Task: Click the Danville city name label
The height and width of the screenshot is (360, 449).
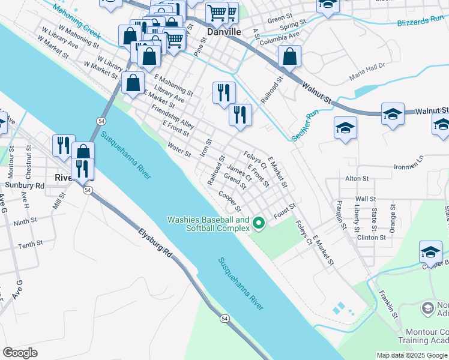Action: pos(224,31)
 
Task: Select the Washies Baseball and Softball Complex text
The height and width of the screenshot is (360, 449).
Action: pos(208,224)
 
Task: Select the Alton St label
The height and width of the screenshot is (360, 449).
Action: pos(357,179)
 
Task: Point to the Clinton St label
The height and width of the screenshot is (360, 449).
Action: pos(372,237)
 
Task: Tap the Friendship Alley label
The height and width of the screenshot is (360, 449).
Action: pos(173,117)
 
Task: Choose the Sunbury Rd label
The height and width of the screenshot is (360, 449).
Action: pos(28,186)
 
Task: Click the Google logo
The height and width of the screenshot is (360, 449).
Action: pos(20,353)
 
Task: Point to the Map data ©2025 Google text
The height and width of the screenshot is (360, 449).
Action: pos(411,355)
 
